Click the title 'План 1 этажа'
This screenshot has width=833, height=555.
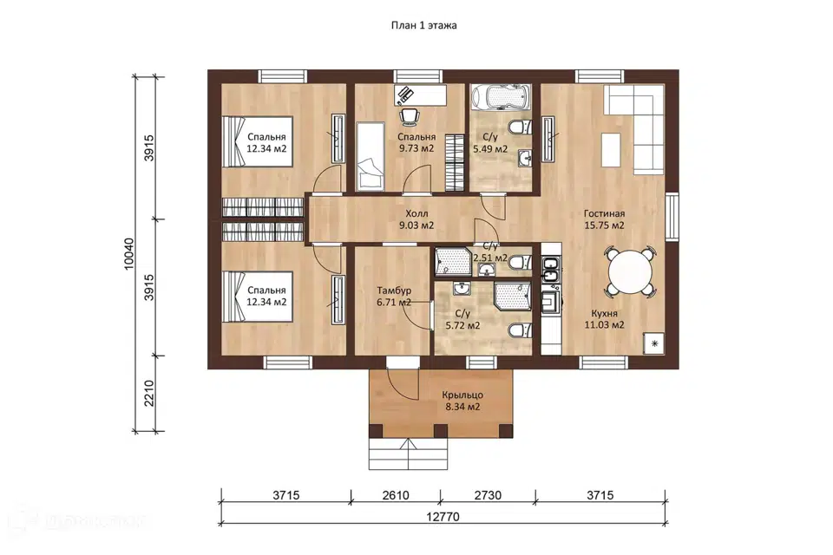pos(424,25)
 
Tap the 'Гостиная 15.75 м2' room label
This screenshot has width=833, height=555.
pos(604,219)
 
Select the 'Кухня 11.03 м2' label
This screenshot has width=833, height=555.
pos(604,318)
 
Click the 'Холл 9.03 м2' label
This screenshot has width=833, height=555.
pos(416,219)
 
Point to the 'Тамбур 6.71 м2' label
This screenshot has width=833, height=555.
pos(394,297)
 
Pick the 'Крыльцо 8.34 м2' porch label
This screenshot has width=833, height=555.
pos(462,401)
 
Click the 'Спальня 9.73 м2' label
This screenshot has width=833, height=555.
pos(416,142)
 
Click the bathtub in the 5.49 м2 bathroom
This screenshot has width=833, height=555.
pos(500,97)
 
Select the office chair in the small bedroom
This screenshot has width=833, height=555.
pos(409,117)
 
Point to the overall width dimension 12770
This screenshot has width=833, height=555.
pos(443,517)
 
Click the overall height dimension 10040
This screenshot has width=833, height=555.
pos(129,254)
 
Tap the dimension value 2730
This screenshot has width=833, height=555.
pos(488,495)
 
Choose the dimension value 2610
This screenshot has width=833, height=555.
pos(396,495)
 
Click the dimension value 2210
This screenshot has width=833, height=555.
pos(148,393)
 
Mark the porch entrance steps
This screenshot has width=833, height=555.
pos(408,454)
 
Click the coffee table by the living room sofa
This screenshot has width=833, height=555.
pos(611,149)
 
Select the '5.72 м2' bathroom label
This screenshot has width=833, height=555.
pos(462,325)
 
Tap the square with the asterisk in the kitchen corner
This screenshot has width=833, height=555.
pos(654,343)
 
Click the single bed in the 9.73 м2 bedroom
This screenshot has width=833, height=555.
pos(370,155)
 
